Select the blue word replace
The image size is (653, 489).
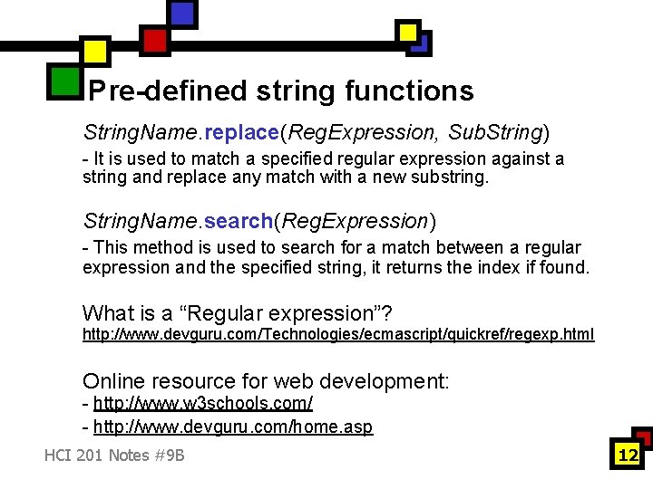click(x=241, y=132)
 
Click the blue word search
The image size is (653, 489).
click(x=239, y=221)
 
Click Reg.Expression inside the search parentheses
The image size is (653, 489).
click(x=355, y=221)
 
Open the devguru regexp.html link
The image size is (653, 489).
click(x=338, y=335)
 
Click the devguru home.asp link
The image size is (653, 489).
click(x=231, y=427)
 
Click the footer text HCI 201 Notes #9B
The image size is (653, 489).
click(x=114, y=455)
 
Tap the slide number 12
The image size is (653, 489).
click(x=628, y=455)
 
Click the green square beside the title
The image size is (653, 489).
click(x=63, y=81)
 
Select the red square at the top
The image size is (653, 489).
click(x=155, y=40)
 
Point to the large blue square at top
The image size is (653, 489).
click(x=182, y=14)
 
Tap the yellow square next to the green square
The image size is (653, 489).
click(x=95, y=51)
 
